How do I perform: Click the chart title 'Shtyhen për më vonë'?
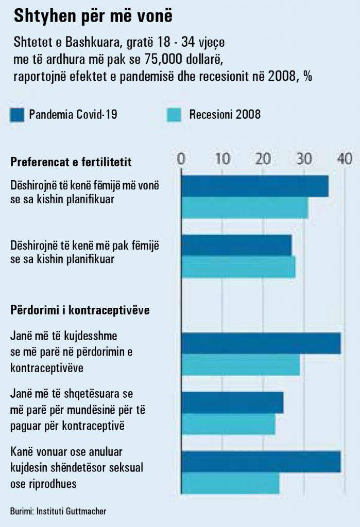93,16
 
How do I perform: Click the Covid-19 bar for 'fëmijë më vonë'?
254,186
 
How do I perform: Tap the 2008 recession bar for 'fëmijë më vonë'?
244,208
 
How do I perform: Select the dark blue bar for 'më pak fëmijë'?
236,245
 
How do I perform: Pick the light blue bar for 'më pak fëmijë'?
238,267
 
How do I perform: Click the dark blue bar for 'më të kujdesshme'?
261,343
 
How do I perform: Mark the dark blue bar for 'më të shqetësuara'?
232,402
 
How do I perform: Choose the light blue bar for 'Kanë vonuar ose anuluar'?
230,483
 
